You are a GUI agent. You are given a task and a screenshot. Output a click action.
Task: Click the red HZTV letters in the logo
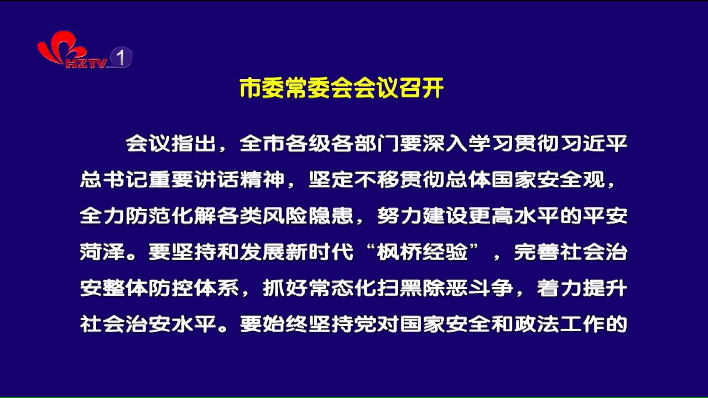(x=86, y=63)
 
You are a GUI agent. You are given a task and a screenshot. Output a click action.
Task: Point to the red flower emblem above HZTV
(x=61, y=46)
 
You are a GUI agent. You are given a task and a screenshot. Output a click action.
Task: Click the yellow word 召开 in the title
(x=421, y=88)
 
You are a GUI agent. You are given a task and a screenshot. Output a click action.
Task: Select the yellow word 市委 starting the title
(x=262, y=88)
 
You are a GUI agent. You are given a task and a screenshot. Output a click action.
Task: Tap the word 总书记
(x=114, y=180)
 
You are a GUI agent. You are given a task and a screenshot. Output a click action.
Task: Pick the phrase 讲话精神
(x=240, y=180)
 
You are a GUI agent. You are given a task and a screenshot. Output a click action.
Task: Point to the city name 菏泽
(x=102, y=252)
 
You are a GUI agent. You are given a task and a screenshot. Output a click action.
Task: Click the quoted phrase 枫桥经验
(x=422, y=252)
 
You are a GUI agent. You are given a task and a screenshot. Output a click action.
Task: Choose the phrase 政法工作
(x=559, y=324)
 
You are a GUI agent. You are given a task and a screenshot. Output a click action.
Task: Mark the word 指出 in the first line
(x=194, y=144)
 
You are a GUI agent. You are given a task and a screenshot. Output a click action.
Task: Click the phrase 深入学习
(x=468, y=144)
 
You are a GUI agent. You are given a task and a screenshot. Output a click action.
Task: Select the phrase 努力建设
(x=422, y=216)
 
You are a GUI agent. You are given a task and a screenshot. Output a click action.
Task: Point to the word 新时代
(x=319, y=252)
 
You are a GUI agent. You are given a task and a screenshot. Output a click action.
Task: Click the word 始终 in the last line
(x=285, y=324)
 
